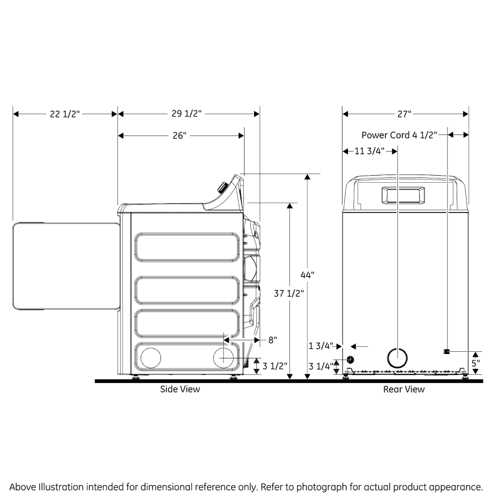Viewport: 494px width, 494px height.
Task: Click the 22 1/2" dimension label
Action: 65,114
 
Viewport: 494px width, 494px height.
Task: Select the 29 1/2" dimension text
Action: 187,114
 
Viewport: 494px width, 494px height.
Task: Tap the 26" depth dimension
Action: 179,136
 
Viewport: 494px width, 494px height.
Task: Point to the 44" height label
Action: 307,275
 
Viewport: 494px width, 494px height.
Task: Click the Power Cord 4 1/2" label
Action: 399,135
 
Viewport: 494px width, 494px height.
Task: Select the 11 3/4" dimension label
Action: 370,151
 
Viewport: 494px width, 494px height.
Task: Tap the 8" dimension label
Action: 272,340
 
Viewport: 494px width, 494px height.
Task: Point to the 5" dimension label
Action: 475,362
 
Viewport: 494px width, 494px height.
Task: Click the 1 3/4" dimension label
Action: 321,346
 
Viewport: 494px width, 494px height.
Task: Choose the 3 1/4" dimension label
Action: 321,366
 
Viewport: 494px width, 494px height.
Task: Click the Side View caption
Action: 180,389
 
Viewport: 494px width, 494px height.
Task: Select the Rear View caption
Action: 403,389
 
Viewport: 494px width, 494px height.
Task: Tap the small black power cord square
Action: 447,351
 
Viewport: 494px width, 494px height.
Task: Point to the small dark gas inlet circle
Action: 350,360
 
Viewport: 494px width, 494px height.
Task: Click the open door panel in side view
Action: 66,266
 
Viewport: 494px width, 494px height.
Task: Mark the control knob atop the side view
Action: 222,187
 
